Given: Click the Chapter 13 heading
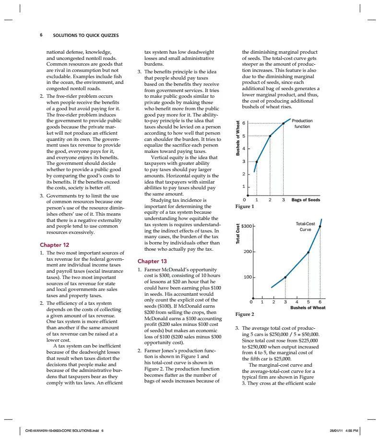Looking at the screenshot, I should pos(152,261).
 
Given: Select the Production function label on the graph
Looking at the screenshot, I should pos(302,124).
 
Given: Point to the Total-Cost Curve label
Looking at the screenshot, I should pos(305,227).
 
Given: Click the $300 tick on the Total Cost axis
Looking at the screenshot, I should pos(246,225).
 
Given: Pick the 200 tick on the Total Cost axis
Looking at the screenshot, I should pos(247,252).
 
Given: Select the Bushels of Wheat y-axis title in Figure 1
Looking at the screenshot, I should pos(237,139).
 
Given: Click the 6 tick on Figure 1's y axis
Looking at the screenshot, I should pos(244,123).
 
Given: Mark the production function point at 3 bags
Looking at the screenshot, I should pos(283,123).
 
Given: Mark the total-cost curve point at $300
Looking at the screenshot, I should pos(320,225).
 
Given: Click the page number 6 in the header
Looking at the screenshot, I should pos(41,35).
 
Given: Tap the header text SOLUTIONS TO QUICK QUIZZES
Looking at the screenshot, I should pos(85,35).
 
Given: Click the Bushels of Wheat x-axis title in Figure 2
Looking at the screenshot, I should pos(308,308).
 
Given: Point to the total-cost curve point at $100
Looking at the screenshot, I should pos(285,277).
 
